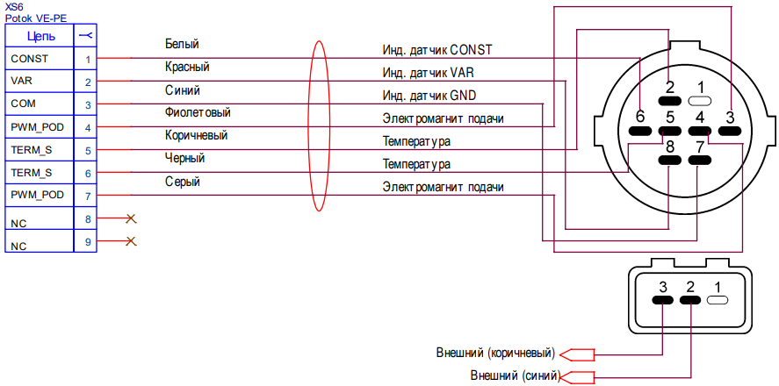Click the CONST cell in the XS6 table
click(40, 59)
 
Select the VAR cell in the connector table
click(40, 82)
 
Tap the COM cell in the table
click(40, 104)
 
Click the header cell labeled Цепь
click(40, 36)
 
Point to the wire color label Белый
click(182, 44)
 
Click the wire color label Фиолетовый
click(198, 112)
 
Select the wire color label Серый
click(183, 182)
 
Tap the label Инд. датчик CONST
click(437, 50)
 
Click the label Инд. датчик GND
click(429, 96)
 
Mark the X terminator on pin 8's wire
click(131, 218)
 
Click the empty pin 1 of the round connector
click(699, 101)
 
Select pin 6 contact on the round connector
click(640, 131)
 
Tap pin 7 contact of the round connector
click(699, 161)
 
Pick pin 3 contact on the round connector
click(729, 131)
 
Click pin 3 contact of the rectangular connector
click(663, 300)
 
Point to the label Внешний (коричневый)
click(495, 354)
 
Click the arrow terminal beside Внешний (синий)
click(576, 376)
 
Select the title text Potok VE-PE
click(36, 18)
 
